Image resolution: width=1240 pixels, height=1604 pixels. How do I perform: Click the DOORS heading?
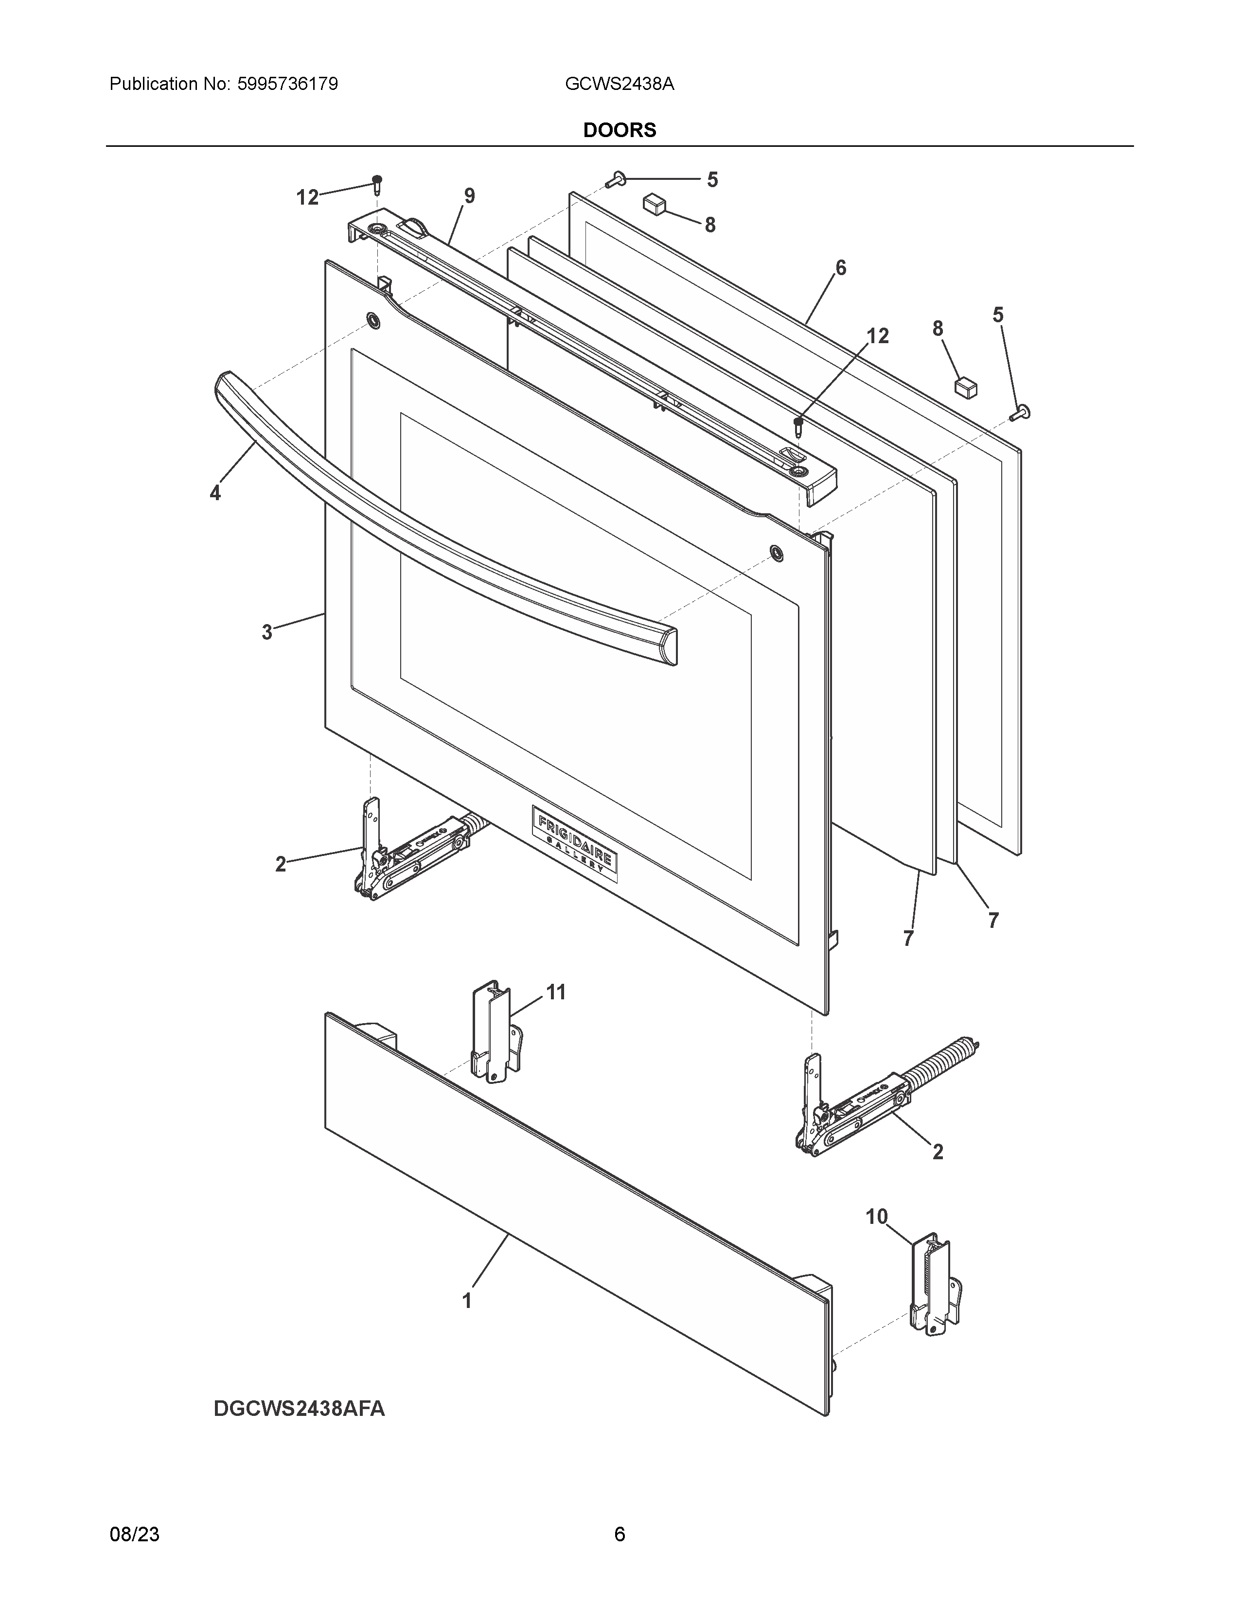pos(619,130)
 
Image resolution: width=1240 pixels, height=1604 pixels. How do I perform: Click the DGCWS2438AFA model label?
pos(299,1409)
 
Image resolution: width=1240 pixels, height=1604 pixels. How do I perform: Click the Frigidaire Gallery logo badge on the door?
pos(574,844)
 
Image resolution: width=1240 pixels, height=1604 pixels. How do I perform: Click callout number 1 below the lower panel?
pos(466,1300)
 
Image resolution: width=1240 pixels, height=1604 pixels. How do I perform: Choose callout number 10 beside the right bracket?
pos(876,1217)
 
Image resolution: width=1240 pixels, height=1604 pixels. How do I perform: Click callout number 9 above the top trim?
pos(469,196)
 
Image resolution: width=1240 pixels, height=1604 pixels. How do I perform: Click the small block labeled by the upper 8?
pos(653,204)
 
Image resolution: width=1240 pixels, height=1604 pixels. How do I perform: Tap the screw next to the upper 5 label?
pos(616,178)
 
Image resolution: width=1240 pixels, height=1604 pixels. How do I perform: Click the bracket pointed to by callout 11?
pos(496,1032)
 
